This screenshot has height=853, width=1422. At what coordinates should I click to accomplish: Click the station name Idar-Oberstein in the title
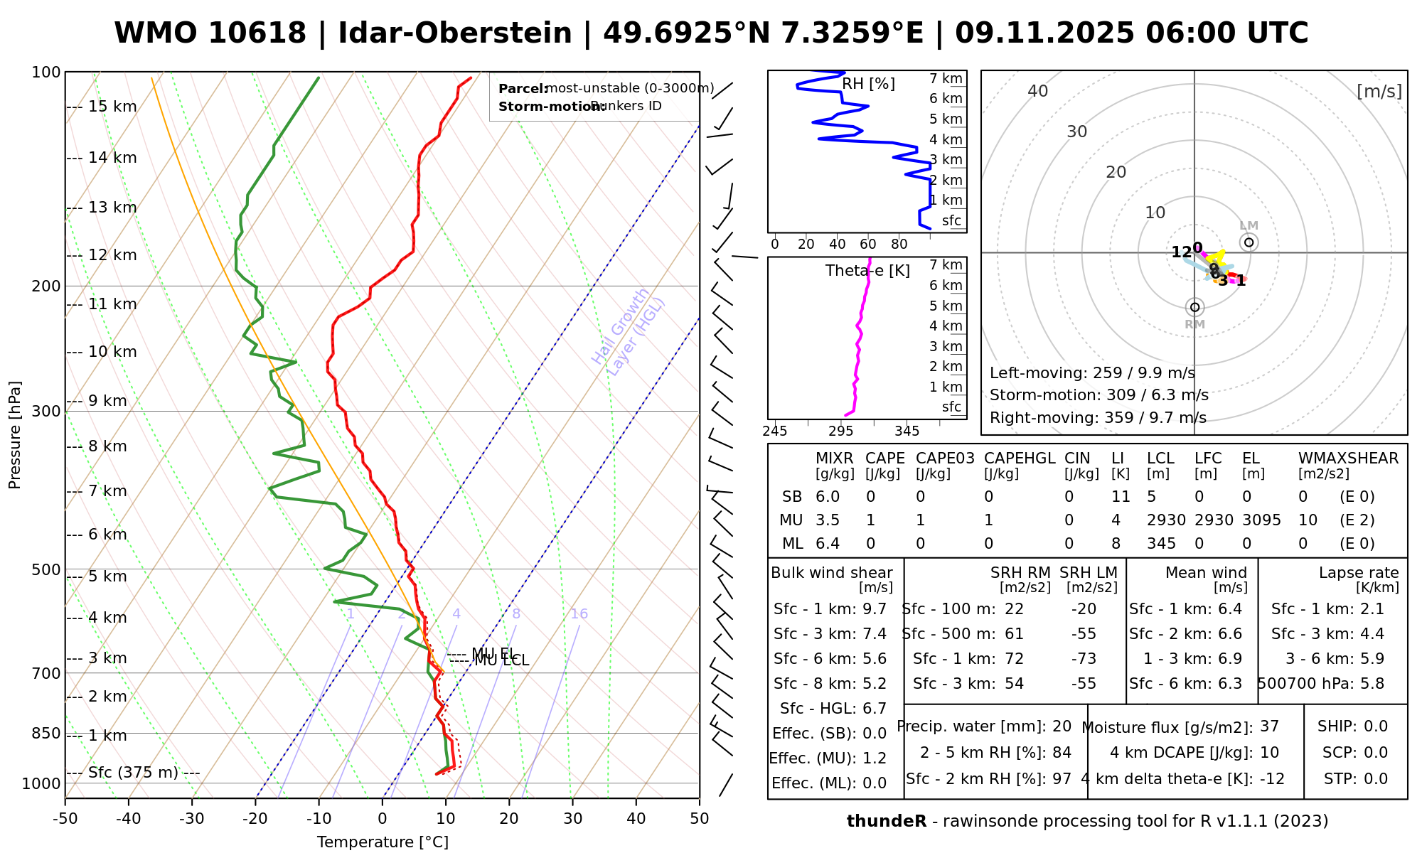pos(454,33)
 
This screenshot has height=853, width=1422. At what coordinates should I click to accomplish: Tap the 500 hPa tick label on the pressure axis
pos(47,570)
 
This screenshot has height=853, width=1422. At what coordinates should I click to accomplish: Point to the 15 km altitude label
pos(112,107)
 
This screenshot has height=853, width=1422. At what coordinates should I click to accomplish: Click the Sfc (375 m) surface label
pos(133,773)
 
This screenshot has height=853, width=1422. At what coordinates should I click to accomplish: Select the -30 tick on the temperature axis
pos(192,819)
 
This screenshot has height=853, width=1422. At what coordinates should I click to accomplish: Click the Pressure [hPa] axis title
pos(15,435)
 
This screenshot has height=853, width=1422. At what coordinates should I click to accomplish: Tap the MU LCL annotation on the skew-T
pos(501,661)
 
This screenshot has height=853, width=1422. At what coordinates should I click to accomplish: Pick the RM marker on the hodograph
pos(1194,307)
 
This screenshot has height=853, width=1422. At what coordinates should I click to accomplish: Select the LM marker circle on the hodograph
pos(1249,242)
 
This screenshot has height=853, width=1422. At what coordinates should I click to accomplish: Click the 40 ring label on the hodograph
pos(1038,91)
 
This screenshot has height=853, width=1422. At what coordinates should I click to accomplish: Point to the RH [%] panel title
pos(868,84)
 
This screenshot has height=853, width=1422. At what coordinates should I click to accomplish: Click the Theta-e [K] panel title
pos(867,271)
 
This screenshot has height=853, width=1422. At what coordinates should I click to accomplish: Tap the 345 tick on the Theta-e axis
pos(907,431)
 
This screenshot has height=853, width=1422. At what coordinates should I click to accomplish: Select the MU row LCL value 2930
pos(1166,520)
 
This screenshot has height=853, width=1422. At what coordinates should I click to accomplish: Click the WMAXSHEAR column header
pos(1348,458)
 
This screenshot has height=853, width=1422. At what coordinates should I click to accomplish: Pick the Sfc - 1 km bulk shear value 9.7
pos(875,609)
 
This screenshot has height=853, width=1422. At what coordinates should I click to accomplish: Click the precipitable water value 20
pos(1062,726)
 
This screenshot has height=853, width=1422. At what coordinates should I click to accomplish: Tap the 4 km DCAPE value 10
pos(1269,753)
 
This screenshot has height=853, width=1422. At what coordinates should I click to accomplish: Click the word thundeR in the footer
pos(886,822)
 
